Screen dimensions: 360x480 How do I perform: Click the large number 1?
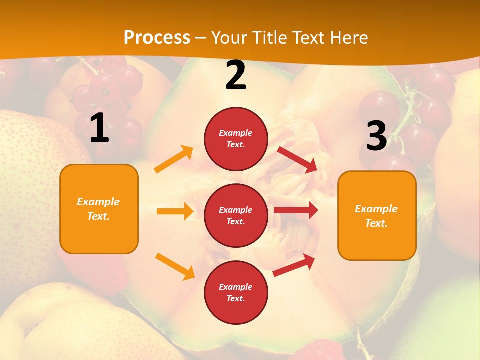(99, 128)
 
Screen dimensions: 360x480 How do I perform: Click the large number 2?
(236, 75)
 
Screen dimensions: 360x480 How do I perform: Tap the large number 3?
(376, 136)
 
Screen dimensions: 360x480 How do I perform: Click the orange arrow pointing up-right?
(174, 159)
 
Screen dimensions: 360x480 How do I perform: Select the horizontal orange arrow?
(175, 211)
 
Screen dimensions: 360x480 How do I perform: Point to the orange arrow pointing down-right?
(175, 266)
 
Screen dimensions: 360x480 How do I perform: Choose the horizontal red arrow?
(296, 210)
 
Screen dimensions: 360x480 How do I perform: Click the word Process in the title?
(157, 37)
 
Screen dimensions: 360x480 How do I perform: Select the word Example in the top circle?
(236, 133)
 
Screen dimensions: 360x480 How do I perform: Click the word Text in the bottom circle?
(234, 298)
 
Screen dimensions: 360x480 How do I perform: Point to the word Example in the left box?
(98, 202)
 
